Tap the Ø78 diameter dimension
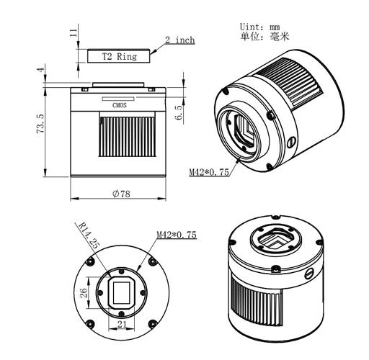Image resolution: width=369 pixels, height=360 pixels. click(x=120, y=194)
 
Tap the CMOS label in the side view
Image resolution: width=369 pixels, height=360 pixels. click(x=120, y=104)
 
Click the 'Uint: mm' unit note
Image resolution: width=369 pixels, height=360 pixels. click(x=259, y=27)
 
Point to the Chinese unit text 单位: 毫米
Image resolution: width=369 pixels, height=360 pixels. click(x=259, y=37)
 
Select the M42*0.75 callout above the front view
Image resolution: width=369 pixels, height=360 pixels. click(x=177, y=235)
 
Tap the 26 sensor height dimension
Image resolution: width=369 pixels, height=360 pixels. click(x=82, y=292)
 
